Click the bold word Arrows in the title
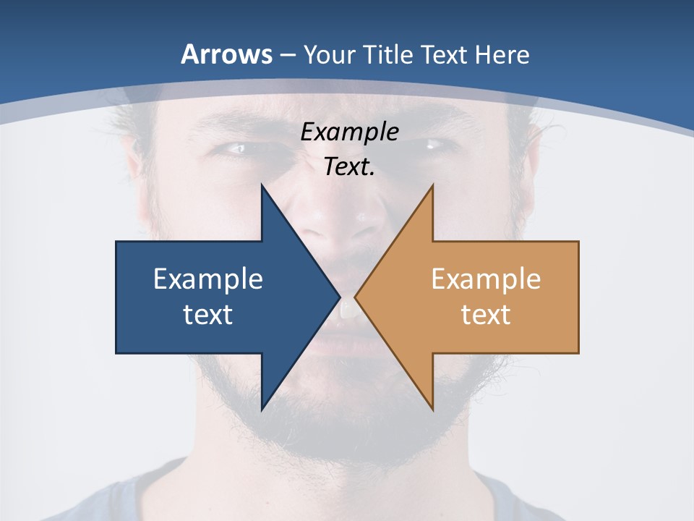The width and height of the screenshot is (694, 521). (227, 54)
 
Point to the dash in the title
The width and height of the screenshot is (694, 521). (287, 55)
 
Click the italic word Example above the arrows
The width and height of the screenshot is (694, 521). (349, 132)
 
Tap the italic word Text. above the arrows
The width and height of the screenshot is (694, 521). (349, 166)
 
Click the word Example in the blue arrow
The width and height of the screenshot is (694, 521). (207, 279)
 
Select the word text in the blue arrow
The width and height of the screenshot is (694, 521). (207, 315)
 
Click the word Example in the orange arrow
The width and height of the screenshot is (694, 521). (486, 279)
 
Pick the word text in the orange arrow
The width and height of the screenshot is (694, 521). (486, 315)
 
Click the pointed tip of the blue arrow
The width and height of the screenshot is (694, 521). (340, 297)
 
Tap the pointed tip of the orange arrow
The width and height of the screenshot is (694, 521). (355, 297)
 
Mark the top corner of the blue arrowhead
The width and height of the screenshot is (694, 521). (262, 185)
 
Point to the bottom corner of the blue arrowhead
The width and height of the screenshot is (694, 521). (262, 410)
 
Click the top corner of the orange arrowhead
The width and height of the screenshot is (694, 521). (432, 185)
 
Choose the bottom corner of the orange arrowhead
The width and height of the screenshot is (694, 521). (432, 410)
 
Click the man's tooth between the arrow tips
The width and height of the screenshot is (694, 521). (348, 310)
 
